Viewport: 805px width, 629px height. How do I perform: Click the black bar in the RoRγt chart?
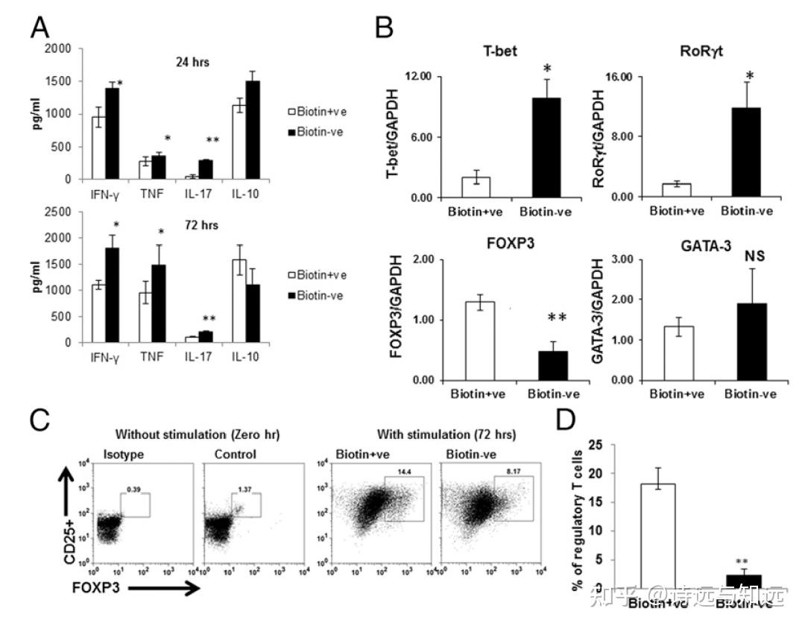click(x=746, y=152)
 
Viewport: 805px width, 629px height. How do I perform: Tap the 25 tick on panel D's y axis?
click(x=595, y=445)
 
